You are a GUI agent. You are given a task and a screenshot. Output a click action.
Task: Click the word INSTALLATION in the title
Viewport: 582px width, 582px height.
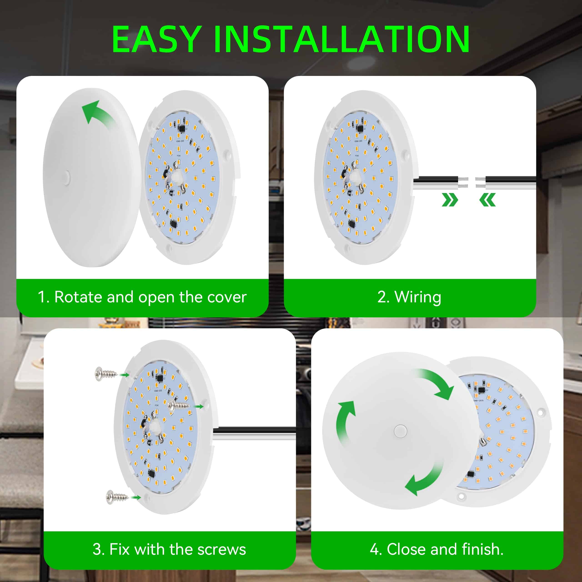pos(342,39)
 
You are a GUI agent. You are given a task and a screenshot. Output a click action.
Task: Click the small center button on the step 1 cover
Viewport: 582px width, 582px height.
pos(67,177)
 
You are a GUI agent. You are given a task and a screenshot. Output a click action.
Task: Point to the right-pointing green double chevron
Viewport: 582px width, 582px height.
pos(450,200)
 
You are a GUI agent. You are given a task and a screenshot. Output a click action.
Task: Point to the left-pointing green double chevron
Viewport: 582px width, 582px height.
pos(487,200)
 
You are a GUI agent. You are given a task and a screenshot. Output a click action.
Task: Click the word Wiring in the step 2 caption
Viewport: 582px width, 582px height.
pos(418,297)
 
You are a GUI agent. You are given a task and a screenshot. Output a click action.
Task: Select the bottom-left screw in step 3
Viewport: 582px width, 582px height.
pos(117,497)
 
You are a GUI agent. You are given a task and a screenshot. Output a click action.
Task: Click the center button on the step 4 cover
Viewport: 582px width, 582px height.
pos(400,431)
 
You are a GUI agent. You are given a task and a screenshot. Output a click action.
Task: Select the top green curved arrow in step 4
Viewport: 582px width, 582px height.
pos(437,383)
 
